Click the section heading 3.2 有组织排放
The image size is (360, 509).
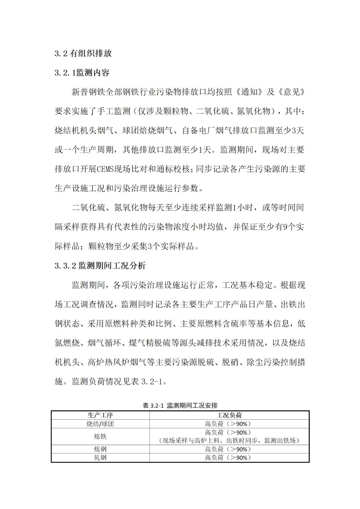pos(83,53)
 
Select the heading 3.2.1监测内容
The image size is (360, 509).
pos(82,73)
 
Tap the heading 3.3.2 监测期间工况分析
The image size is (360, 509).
pos(100,265)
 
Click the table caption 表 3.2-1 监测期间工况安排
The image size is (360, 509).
pos(180,405)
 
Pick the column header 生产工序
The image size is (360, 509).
pos(100,415)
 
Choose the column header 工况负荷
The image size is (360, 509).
pos(229,415)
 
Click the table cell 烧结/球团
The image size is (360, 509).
pos(100,424)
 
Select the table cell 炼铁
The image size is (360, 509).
pos(100,436)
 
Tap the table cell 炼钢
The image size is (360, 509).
pos(100,449)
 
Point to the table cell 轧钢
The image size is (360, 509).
pos(100,458)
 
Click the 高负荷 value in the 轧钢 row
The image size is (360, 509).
pos(228,458)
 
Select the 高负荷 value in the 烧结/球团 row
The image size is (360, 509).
pos(228,424)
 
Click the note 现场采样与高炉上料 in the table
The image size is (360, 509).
pos(191,441)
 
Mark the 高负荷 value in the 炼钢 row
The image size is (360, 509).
pos(228,449)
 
